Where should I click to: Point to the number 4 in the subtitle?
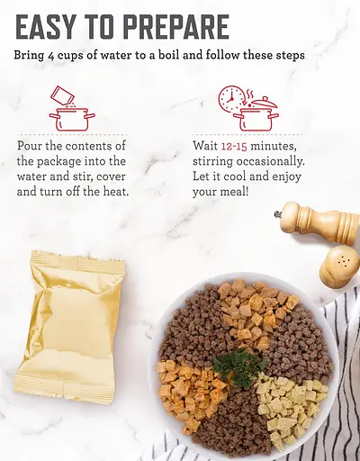(x=50, y=56)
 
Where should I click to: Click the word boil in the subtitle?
(x=168, y=55)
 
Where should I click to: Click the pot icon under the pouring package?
(x=72, y=119)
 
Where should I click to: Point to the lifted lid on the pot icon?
(x=264, y=103)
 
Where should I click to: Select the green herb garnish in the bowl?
(x=239, y=365)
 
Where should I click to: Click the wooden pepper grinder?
(x=318, y=222)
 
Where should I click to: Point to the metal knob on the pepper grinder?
(x=276, y=214)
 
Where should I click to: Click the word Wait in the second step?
(x=205, y=146)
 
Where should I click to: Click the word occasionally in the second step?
(x=270, y=162)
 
